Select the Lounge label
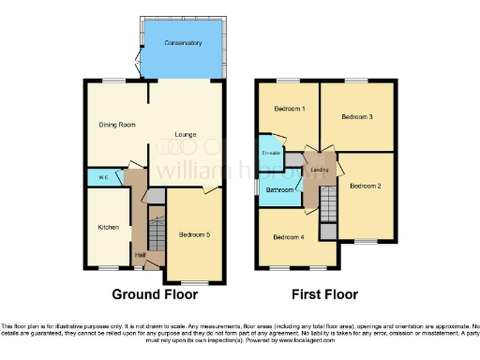(x=185, y=134)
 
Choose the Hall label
(x=139, y=254)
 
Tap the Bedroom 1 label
(x=289, y=109)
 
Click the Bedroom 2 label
(x=366, y=187)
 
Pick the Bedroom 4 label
(x=289, y=236)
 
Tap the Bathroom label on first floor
(x=279, y=190)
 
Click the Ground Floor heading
(x=154, y=295)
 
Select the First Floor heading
(x=324, y=295)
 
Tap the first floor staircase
(x=327, y=199)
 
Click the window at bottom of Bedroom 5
(x=196, y=282)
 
